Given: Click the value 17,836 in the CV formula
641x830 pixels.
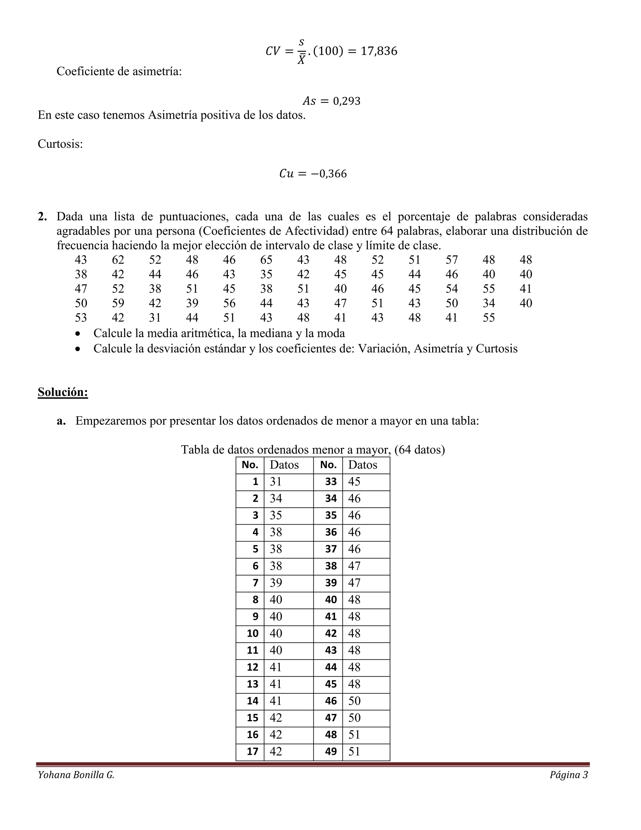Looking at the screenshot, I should pos(379,51).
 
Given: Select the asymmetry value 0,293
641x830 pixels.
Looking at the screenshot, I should pos(346,101).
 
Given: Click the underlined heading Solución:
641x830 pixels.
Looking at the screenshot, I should pos(63,392).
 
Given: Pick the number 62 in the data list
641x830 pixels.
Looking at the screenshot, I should pos(118,260).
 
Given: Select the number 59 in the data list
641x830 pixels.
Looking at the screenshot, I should pos(118,303).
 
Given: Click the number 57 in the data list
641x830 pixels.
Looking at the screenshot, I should pos(452,260).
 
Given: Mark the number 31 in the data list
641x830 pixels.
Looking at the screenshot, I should pos(155,318).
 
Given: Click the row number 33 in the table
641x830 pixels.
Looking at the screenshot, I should pos(331,482).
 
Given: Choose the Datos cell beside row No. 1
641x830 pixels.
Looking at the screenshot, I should pos(276,482).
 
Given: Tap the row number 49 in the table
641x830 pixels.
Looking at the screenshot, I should pos(331,752).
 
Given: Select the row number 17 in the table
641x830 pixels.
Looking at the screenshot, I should pos(253,752).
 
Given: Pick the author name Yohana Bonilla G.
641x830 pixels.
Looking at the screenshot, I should pos(76,775).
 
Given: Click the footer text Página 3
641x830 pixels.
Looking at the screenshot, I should pos(568,775).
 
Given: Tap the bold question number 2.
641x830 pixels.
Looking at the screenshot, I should pos(42,217).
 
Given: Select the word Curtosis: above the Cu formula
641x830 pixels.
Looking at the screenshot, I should pos(60,144).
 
